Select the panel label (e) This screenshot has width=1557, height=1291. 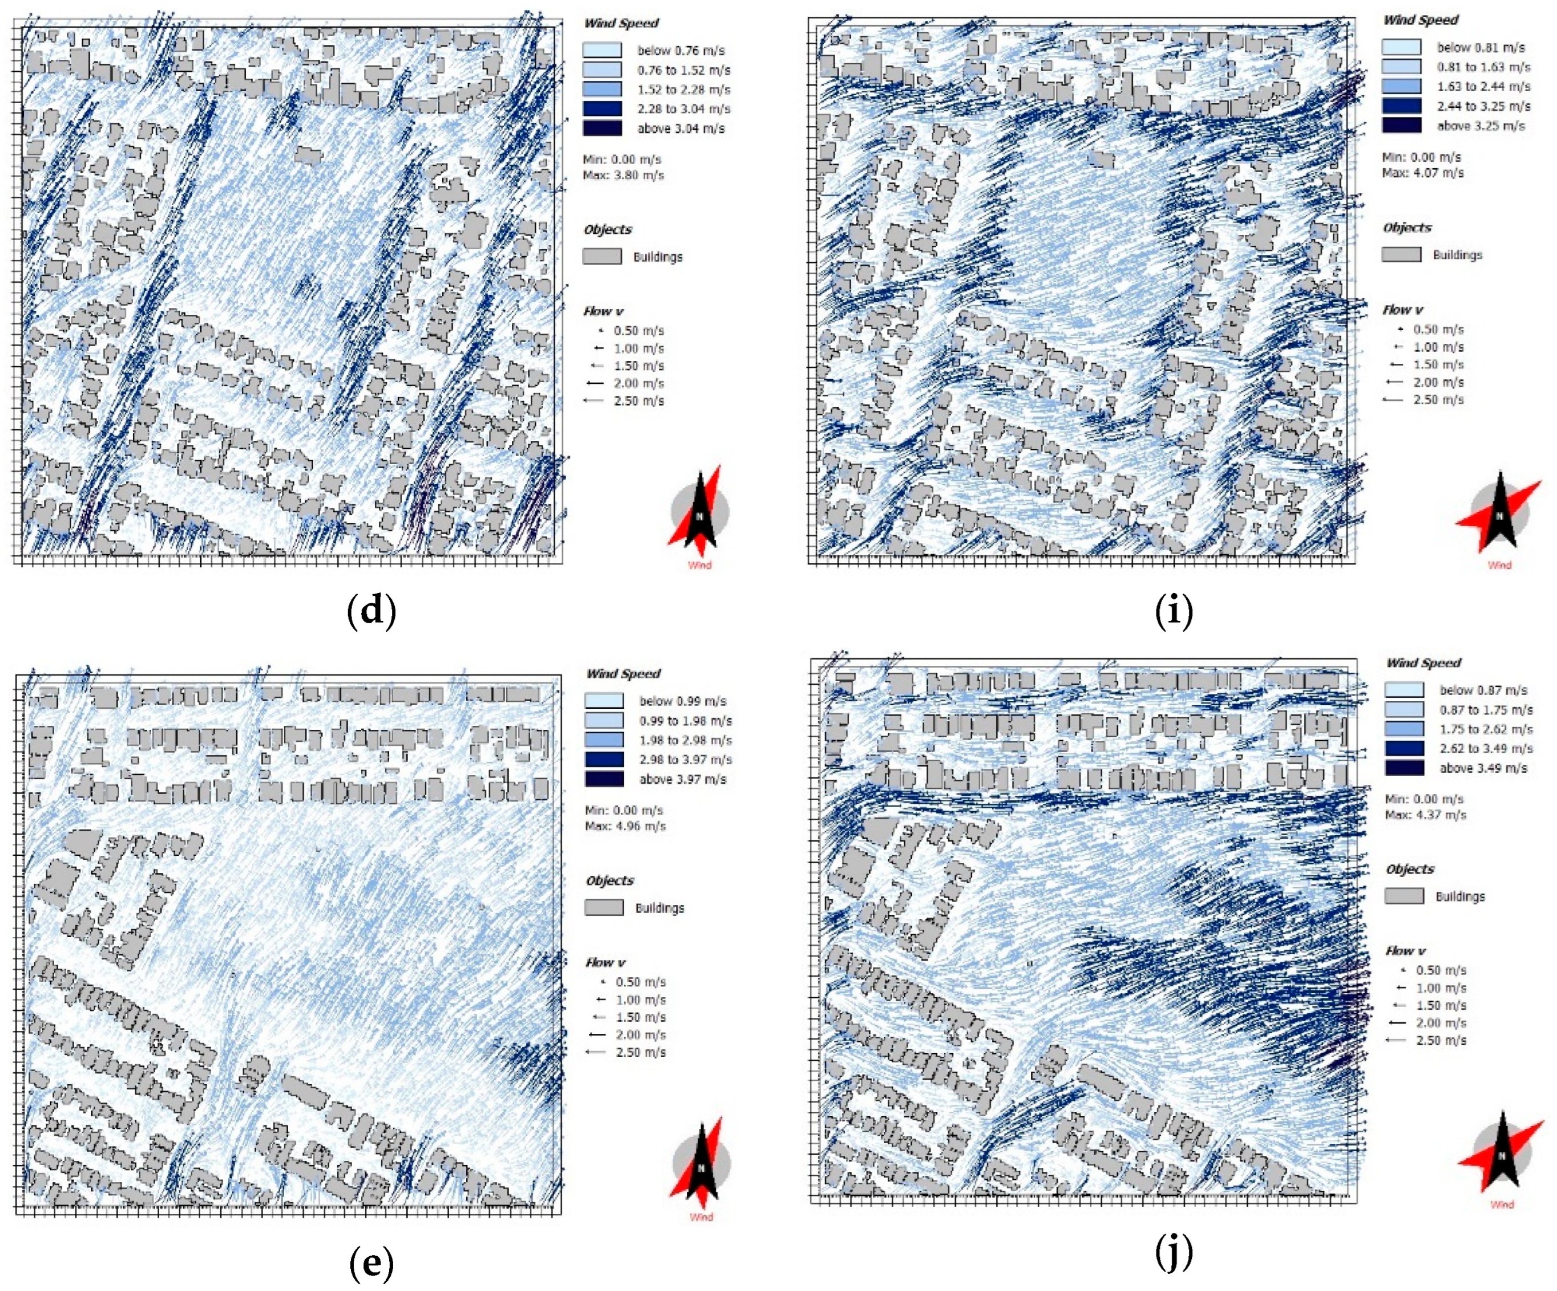point(371,1263)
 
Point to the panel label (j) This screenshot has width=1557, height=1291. point(1174,1252)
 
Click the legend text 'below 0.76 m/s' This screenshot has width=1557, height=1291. point(681,50)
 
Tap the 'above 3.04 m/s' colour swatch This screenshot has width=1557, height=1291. point(602,128)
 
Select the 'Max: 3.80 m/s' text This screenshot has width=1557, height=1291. point(624,176)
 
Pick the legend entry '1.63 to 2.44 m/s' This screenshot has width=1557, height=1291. point(1483,87)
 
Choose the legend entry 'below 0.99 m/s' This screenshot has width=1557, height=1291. point(683,701)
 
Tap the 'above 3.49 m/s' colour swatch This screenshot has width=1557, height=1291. point(1404,768)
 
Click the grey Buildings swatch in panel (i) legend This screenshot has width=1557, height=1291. point(1401,255)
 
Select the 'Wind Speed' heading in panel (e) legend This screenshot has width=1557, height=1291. point(623,673)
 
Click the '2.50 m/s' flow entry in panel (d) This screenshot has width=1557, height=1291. point(638,401)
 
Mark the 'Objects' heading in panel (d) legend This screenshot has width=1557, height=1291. point(607,230)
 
